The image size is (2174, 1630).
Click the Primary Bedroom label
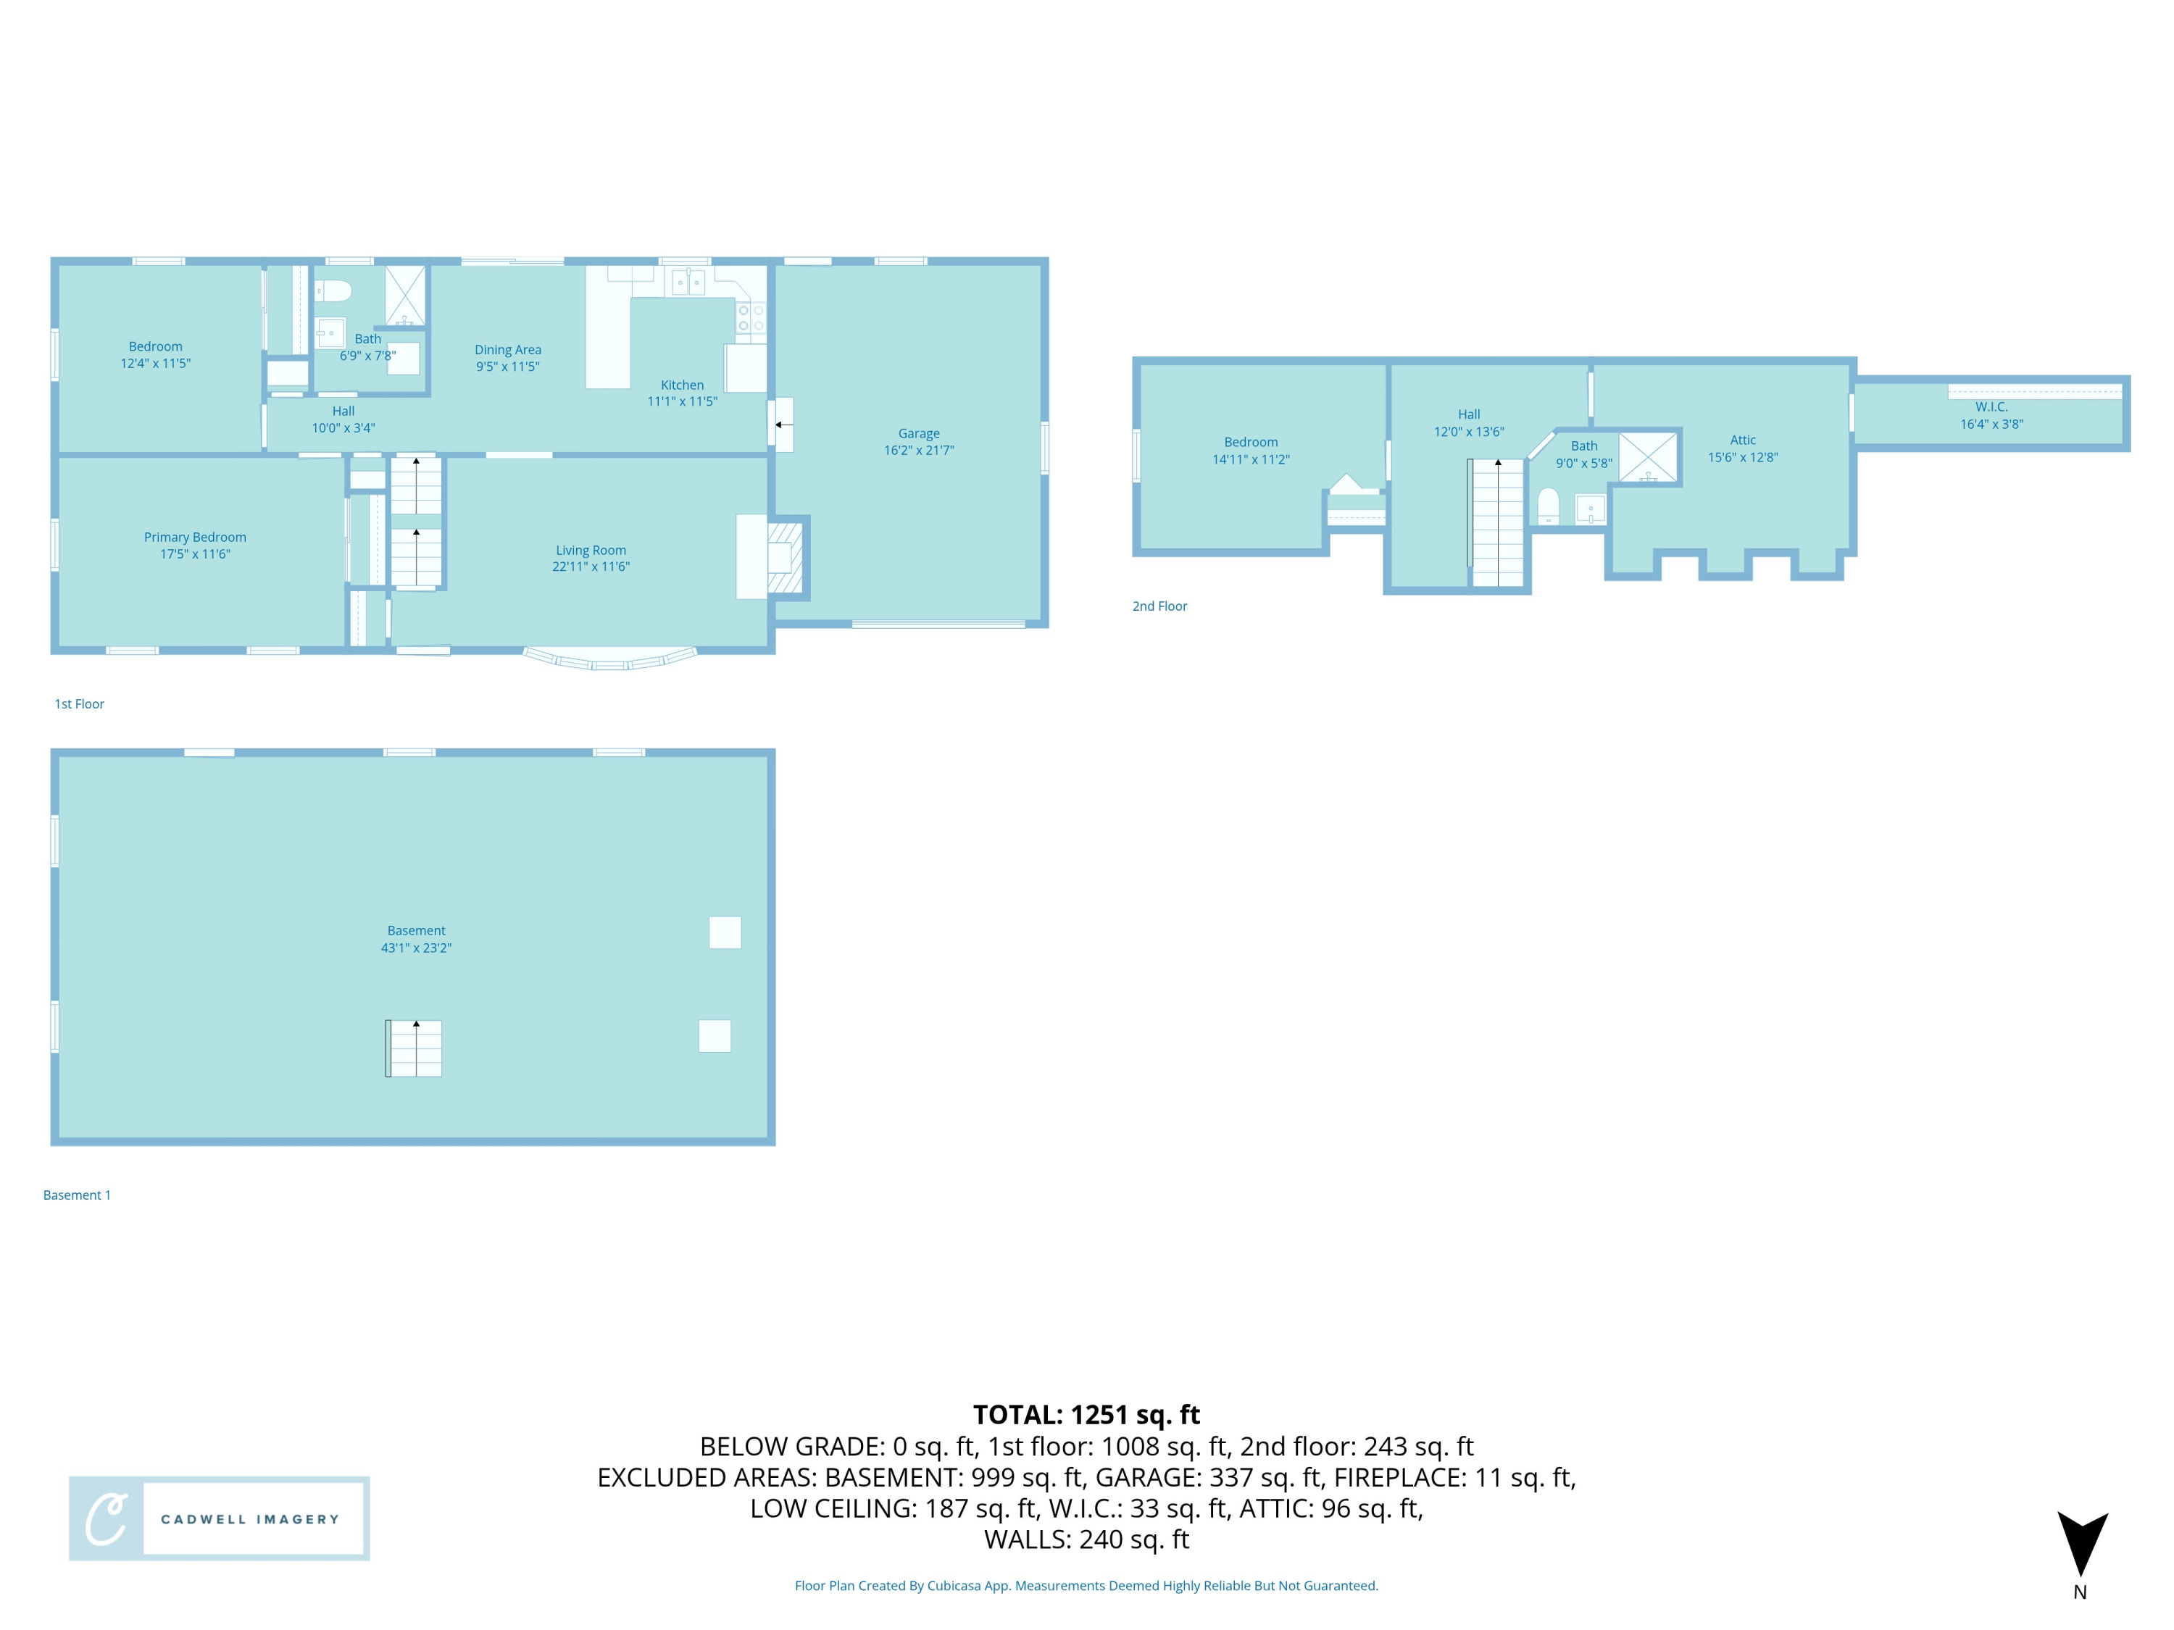(x=195, y=538)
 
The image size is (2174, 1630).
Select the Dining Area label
(x=507, y=350)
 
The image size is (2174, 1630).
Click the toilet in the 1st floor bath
(x=333, y=291)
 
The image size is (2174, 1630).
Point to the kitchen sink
(x=688, y=283)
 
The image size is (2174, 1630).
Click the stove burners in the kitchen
(x=750, y=317)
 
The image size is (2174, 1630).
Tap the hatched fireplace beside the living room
(x=786, y=558)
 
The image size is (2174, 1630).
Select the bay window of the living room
(x=610, y=660)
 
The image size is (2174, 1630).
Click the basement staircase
(x=414, y=1048)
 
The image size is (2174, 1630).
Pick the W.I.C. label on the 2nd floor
(x=1991, y=406)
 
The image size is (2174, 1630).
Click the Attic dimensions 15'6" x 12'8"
(x=1743, y=458)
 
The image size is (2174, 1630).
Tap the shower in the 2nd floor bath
(x=1648, y=457)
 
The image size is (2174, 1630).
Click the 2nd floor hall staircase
(x=1497, y=523)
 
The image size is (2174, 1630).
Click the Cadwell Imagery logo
(x=219, y=1518)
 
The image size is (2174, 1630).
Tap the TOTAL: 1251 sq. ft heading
(x=1086, y=1415)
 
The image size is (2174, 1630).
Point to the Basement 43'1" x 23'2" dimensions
(x=416, y=948)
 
